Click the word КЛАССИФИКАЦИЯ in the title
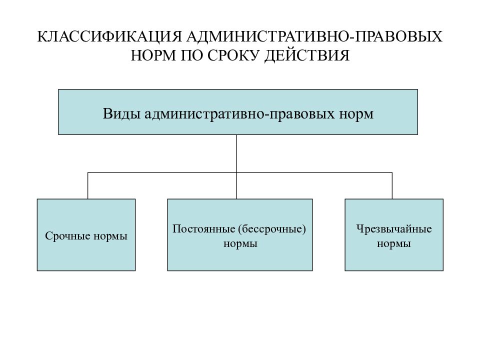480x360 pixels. click(x=109, y=36)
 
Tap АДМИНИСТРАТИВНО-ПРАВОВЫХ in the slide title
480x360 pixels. click(x=314, y=36)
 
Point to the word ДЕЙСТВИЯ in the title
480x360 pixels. click(x=306, y=56)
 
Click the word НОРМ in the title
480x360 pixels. click(x=153, y=55)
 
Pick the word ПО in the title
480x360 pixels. click(x=191, y=55)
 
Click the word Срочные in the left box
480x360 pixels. click(x=67, y=235)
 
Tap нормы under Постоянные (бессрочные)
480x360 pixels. click(x=240, y=244)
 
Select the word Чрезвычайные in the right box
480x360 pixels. click(x=394, y=229)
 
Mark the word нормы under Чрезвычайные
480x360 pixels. click(x=394, y=244)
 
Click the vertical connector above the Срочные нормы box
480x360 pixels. click(x=88, y=186)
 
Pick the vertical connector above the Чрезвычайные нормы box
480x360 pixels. click(x=392, y=186)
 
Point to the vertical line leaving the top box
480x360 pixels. click(x=236, y=167)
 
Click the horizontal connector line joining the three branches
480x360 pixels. click(x=240, y=172)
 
